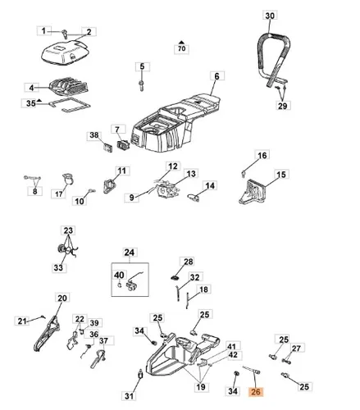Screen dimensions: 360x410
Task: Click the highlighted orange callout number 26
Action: (255, 392)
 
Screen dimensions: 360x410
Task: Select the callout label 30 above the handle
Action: (270, 16)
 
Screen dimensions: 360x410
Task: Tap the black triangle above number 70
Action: (181, 42)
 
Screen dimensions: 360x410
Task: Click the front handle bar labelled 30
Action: (273, 60)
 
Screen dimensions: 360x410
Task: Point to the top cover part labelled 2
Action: (65, 53)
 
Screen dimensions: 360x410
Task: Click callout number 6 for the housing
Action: (217, 76)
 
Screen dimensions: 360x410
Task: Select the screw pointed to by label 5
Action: (142, 85)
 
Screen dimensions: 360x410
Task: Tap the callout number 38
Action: (94, 135)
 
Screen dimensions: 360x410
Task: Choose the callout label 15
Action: (281, 174)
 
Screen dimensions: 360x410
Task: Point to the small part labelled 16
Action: (243, 174)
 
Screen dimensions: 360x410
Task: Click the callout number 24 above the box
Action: (130, 252)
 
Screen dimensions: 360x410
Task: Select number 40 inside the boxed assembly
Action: (119, 275)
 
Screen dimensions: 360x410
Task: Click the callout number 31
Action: (129, 396)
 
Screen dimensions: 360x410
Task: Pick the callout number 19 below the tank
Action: (201, 387)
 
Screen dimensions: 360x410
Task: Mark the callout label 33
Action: (58, 267)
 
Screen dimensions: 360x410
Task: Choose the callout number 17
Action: (59, 194)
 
